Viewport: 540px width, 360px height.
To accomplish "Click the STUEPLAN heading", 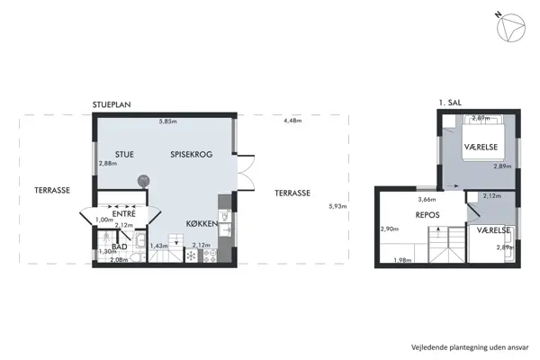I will pyautogui.click(x=112, y=105).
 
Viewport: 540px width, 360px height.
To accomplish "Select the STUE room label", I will pyautogui.click(x=124, y=155).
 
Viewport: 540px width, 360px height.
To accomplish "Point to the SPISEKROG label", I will pyautogui.click(x=191, y=155).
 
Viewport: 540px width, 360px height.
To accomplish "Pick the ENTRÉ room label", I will pyautogui.click(x=122, y=213).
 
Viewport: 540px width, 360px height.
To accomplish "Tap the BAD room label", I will pyautogui.click(x=118, y=245).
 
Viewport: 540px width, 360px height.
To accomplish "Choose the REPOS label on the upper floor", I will pyautogui.click(x=427, y=216).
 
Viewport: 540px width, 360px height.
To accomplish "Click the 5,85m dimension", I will pyautogui.click(x=167, y=121).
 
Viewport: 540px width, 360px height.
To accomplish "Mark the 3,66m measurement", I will pyautogui.click(x=427, y=200).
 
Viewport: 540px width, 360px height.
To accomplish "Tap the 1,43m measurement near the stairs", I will pyautogui.click(x=159, y=246).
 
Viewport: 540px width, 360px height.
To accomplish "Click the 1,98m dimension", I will pyautogui.click(x=402, y=261).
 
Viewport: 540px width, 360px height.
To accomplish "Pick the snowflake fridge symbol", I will pyautogui.click(x=190, y=256).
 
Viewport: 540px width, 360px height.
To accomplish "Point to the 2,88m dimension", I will pyautogui.click(x=108, y=164).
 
